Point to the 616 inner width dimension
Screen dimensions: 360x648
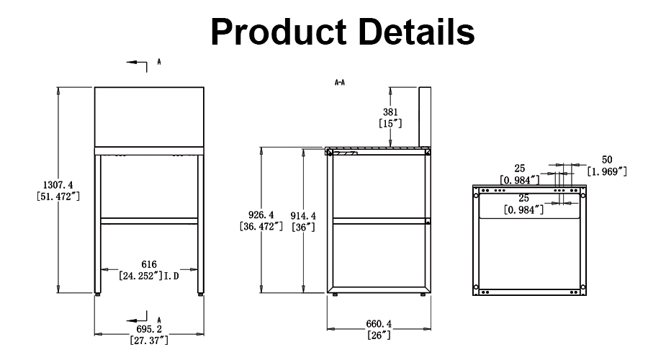150,264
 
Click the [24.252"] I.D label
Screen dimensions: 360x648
150,275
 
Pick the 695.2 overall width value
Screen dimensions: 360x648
150,328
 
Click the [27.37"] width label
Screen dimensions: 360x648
150,339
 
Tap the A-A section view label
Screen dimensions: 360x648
340,83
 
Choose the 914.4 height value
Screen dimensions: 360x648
302,215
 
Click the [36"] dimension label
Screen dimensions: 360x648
302,226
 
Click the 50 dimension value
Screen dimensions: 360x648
606,160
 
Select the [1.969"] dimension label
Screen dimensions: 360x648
607,171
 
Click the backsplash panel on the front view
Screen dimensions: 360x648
149,116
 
